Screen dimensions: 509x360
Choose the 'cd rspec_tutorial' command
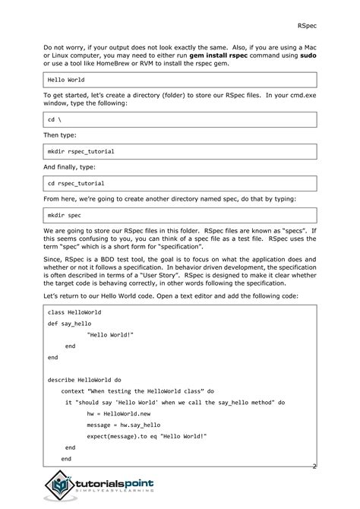[x=76, y=183]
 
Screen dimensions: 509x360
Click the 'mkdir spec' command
[x=64, y=215]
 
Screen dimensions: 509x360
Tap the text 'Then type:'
[x=60, y=137]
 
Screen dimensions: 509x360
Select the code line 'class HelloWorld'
[x=74, y=312]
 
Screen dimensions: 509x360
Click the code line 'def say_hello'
[x=69, y=323]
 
